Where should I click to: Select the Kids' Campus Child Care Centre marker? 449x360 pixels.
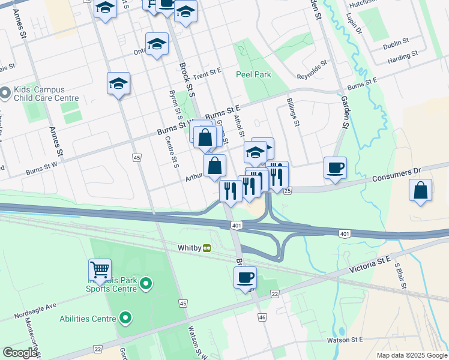(x=5, y=92)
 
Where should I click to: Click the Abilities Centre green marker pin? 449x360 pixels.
(x=125, y=317)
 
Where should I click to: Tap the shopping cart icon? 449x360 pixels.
(x=100, y=269)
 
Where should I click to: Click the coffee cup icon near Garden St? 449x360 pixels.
(x=335, y=166)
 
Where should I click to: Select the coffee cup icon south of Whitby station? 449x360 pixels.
(x=245, y=277)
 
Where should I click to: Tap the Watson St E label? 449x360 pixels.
(x=345, y=340)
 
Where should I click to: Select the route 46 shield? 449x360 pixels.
(x=262, y=316)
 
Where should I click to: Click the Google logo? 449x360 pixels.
(x=20, y=353)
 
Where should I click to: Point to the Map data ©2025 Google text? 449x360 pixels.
(x=411, y=355)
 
